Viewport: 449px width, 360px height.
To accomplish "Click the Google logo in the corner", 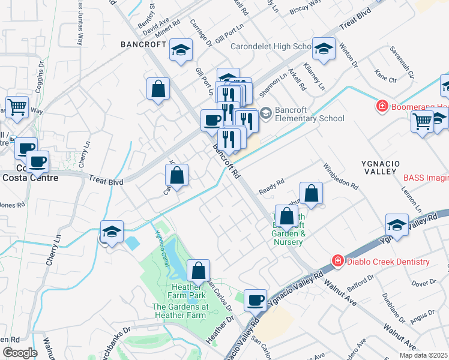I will point(20,353).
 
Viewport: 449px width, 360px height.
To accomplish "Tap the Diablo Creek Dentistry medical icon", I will point(338,261).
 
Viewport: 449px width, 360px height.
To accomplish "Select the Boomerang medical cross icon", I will point(381,107).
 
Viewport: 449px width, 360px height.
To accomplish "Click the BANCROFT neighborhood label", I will point(143,44).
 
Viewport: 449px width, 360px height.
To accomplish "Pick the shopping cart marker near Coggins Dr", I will point(17,106).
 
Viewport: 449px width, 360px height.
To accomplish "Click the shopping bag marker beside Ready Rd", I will point(311,194).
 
